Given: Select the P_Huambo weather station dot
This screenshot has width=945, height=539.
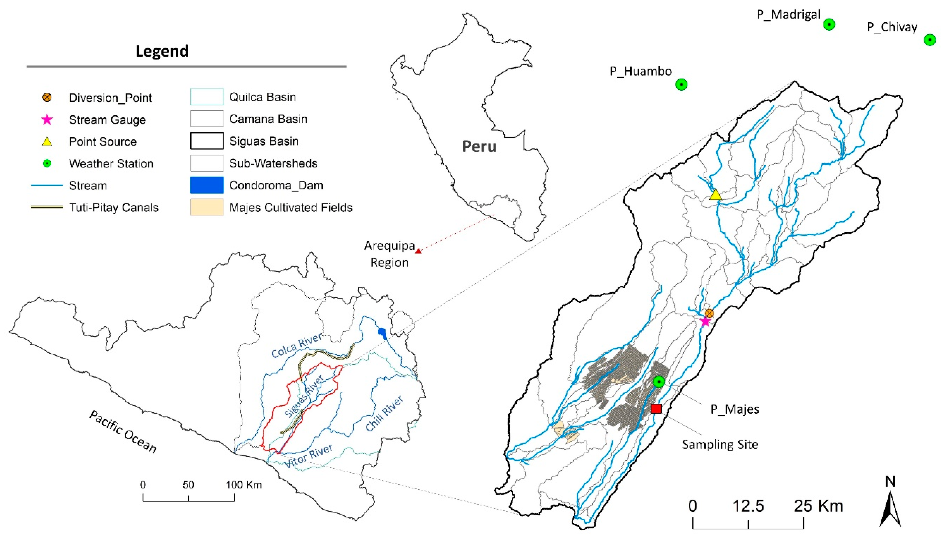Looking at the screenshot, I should click(681, 84).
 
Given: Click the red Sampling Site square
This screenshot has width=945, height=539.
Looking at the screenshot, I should click(656, 408).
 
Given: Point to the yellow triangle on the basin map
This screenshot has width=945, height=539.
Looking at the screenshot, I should click(715, 195).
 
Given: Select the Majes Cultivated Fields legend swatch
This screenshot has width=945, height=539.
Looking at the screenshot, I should click(207, 207).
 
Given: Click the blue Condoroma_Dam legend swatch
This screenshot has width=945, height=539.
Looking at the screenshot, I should click(207, 185).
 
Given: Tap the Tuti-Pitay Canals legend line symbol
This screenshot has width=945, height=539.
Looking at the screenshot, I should click(47, 207).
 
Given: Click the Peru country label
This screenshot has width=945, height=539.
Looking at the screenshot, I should click(479, 147).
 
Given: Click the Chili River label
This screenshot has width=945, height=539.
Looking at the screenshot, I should click(384, 414).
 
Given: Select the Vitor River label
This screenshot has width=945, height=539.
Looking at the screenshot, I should click(308, 456).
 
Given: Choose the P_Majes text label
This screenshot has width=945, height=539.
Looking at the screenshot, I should click(735, 409).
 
